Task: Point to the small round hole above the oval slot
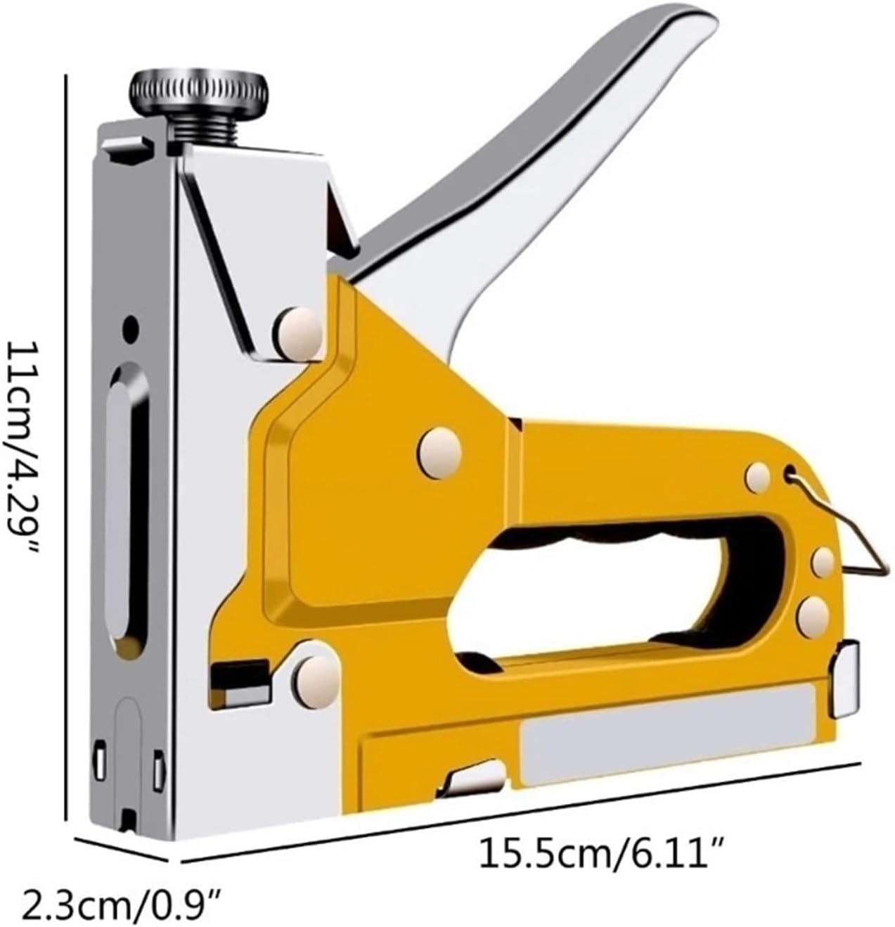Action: click(x=129, y=328)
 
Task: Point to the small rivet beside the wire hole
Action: click(x=758, y=477)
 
